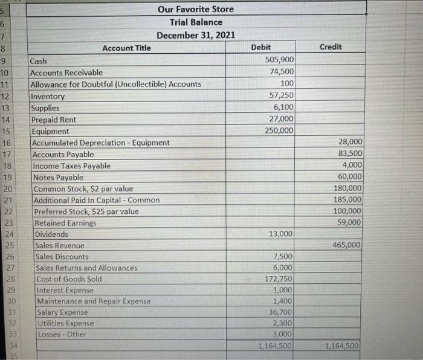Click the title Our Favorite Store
(195, 9)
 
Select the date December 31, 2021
(196, 35)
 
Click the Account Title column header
(126, 48)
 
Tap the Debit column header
(260, 47)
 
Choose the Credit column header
(330, 47)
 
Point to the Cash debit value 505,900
(280, 60)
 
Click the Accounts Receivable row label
(66, 72)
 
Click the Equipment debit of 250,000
(279, 130)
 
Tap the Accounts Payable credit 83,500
(348, 153)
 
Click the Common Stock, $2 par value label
(83, 188)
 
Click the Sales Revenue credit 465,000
(346, 245)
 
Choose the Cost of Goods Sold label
(69, 279)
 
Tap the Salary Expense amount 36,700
(281, 312)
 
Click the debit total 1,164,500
(275, 346)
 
